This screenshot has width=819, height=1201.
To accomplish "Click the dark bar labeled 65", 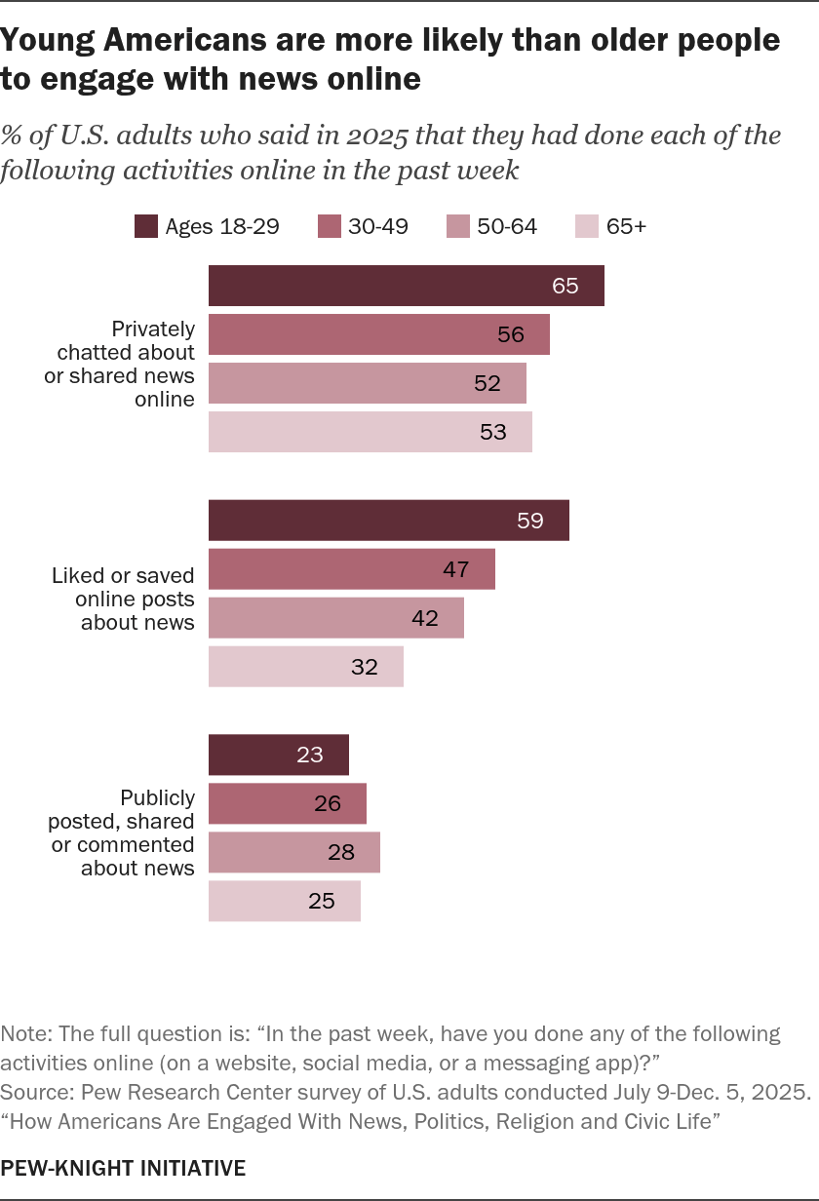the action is coord(406,286).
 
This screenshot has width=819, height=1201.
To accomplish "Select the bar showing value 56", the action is coord(379,334).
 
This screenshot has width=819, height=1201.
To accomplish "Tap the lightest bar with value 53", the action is coord(370,432).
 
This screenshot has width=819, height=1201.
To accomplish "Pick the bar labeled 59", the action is coord(389,521).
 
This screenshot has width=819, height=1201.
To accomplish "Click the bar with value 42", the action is coord(336,618).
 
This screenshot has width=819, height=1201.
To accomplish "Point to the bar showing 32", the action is coord(306,667).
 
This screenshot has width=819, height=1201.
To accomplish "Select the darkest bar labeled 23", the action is coord(279,755).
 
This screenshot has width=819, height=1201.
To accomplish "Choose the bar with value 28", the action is coord(294,852).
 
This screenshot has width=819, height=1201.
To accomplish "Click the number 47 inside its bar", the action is coord(456,569).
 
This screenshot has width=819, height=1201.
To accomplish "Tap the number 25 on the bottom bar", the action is coord(322,901).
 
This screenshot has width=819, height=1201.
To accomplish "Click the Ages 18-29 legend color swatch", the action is coord(146,226).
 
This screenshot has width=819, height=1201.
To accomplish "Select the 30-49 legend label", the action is coord(378,226).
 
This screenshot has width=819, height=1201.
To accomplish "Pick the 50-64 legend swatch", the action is coord(458,226).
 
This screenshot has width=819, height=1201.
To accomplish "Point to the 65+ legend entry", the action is coord(611,226).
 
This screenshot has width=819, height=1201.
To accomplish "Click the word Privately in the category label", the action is coord(153,329).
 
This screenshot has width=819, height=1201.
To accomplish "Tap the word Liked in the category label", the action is coord(78,575).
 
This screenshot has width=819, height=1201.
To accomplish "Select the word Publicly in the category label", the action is coord(158,797).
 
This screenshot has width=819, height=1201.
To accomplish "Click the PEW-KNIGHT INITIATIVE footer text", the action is coord(123,1168).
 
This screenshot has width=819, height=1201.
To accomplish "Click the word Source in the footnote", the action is coord(35,1092).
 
